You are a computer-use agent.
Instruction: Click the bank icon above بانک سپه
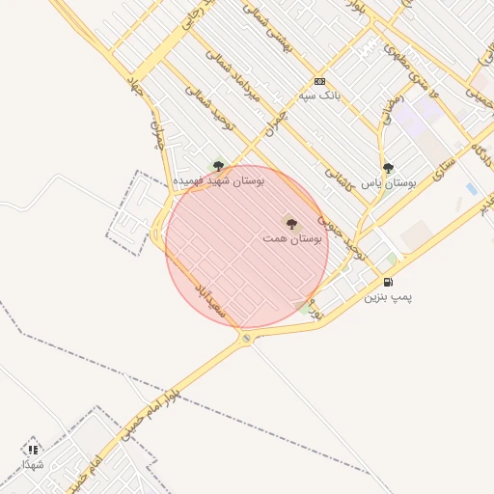(319, 82)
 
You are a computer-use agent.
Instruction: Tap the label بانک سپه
(319, 97)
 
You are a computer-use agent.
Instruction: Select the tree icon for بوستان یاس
(388, 167)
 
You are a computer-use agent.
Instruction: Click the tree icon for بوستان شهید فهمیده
(218, 165)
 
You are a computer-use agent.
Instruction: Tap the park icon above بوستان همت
(291, 223)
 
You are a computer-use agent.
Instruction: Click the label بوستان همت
(291, 237)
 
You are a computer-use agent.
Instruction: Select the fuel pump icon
(388, 282)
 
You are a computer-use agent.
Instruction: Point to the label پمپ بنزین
(388, 297)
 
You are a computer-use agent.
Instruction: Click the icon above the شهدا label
(34, 449)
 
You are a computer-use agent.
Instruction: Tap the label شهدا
(34, 464)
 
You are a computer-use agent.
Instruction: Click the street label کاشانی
(338, 175)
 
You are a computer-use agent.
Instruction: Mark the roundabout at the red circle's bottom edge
(247, 338)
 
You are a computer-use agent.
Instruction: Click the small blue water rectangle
(471, 188)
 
